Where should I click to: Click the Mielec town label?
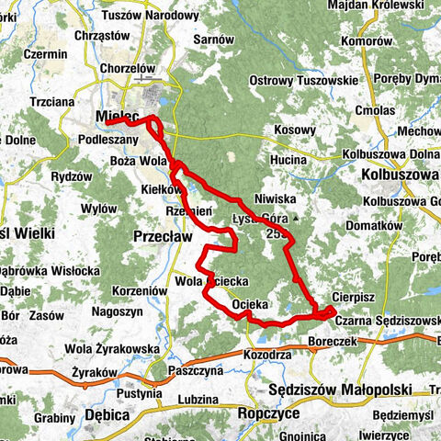click(x=117, y=117)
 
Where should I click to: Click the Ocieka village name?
click(x=250, y=302)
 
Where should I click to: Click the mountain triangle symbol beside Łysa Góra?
click(x=296, y=219)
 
